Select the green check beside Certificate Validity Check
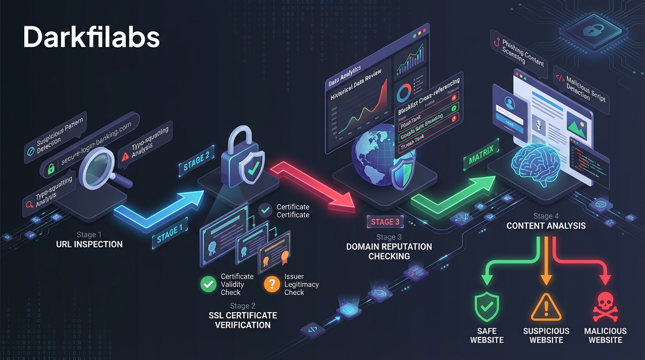click(x=208, y=284)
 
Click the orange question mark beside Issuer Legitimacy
click(x=272, y=284)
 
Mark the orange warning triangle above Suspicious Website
click(x=546, y=307)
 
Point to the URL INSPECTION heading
click(x=89, y=244)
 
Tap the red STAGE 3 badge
click(x=385, y=222)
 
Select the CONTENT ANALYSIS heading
click(x=546, y=226)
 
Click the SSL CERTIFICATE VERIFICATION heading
click(x=243, y=320)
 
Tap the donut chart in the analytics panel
click(x=404, y=93)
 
